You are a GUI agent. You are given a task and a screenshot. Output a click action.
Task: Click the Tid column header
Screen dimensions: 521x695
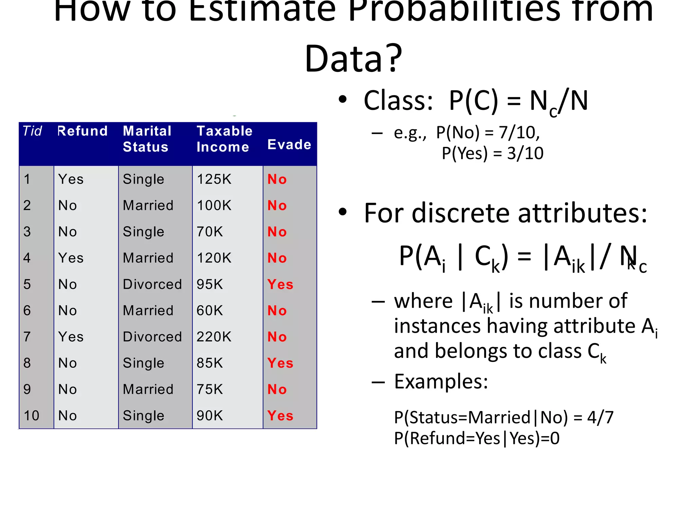coord(32,131)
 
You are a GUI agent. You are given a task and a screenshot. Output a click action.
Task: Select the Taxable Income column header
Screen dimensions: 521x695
coord(224,139)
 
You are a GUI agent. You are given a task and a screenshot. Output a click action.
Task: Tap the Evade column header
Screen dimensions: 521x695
coord(289,144)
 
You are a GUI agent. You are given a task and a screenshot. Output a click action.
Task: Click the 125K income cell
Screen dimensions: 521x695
coord(214,179)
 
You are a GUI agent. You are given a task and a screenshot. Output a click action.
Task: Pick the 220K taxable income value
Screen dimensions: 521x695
coord(214,337)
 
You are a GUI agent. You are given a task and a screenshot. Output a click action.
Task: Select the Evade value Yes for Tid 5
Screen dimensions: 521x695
coord(280,284)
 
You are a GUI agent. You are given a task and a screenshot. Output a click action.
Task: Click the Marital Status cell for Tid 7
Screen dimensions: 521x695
coord(152,337)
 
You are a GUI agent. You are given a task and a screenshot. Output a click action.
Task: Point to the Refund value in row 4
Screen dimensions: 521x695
coord(71,258)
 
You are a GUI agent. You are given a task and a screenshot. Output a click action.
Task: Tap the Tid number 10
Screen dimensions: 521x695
coord(32,416)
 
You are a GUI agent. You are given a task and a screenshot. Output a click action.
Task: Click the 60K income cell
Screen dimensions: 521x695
coord(210,311)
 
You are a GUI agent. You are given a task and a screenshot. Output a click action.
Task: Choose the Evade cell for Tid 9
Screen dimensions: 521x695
coord(277,389)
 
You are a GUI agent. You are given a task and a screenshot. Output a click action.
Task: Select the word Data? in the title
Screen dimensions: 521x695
coord(353,58)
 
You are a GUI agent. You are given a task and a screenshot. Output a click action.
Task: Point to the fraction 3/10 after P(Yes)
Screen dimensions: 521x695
coord(525,153)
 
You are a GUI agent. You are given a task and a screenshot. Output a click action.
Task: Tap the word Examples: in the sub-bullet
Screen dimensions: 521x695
coord(441,382)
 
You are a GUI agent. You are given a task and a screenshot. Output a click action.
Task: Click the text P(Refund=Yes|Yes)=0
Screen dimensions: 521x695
coord(477,438)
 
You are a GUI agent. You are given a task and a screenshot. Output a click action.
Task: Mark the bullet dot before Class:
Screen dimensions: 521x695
coord(343,100)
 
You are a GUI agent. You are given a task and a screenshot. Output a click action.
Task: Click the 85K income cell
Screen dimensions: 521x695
coord(210,363)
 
